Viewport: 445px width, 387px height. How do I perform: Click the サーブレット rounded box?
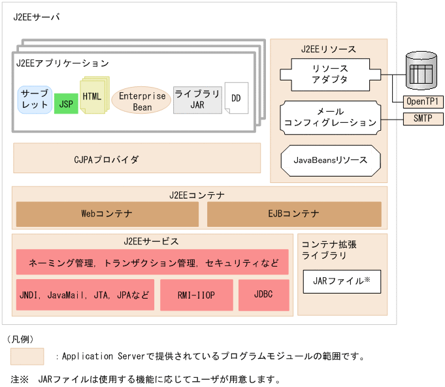tap(35, 99)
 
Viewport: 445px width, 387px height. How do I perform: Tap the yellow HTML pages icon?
tap(93, 96)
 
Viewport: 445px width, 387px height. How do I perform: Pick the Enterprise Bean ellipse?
tap(141, 100)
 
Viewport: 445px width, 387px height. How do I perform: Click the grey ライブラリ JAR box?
tap(197, 99)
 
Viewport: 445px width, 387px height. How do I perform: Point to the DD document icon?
tap(236, 99)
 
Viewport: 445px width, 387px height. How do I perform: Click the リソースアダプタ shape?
tap(330, 74)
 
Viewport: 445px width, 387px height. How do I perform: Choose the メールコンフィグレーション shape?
tap(330, 117)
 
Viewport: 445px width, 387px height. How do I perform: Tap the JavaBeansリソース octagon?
tap(330, 160)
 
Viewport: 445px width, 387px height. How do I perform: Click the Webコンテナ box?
tap(107, 214)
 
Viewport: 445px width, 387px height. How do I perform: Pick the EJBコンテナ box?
tap(294, 214)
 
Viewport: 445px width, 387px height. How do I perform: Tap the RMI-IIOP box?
tap(196, 295)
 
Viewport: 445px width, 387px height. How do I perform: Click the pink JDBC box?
tap(264, 295)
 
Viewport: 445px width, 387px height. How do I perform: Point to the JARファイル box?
tap(342, 282)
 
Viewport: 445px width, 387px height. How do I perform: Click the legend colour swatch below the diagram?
tap(27, 356)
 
